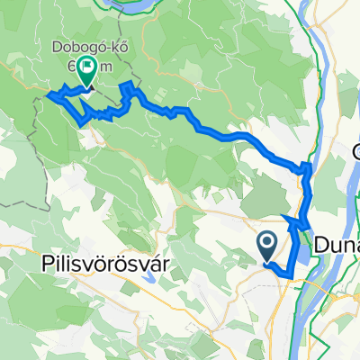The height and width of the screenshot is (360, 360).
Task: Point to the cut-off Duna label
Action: point(337,244)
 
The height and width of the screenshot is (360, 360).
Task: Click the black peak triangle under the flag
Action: point(85,86)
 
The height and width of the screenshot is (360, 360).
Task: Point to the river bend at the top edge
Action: point(135,4)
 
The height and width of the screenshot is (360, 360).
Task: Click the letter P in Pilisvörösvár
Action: point(48,265)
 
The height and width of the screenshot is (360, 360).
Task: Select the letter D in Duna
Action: point(322,244)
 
